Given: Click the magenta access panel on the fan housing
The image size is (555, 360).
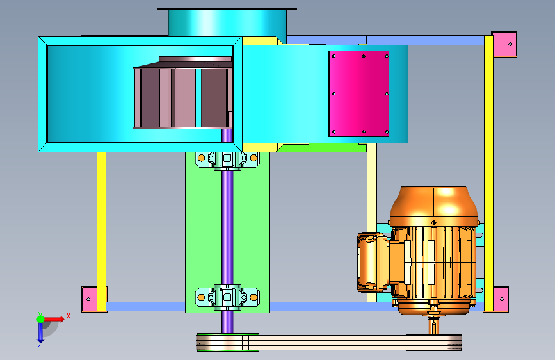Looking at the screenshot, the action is coord(359,94).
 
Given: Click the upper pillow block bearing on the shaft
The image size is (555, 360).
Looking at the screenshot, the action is coord(228,160).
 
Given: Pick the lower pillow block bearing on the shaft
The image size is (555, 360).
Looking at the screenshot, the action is coord(228,297).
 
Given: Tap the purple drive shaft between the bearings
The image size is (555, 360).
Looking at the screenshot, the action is coord(228,227).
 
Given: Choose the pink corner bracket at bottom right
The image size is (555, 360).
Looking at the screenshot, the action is coord(501,299).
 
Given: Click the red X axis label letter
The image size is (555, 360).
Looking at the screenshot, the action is coord(68,316).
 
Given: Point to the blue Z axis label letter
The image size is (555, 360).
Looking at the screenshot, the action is coord(40,344).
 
